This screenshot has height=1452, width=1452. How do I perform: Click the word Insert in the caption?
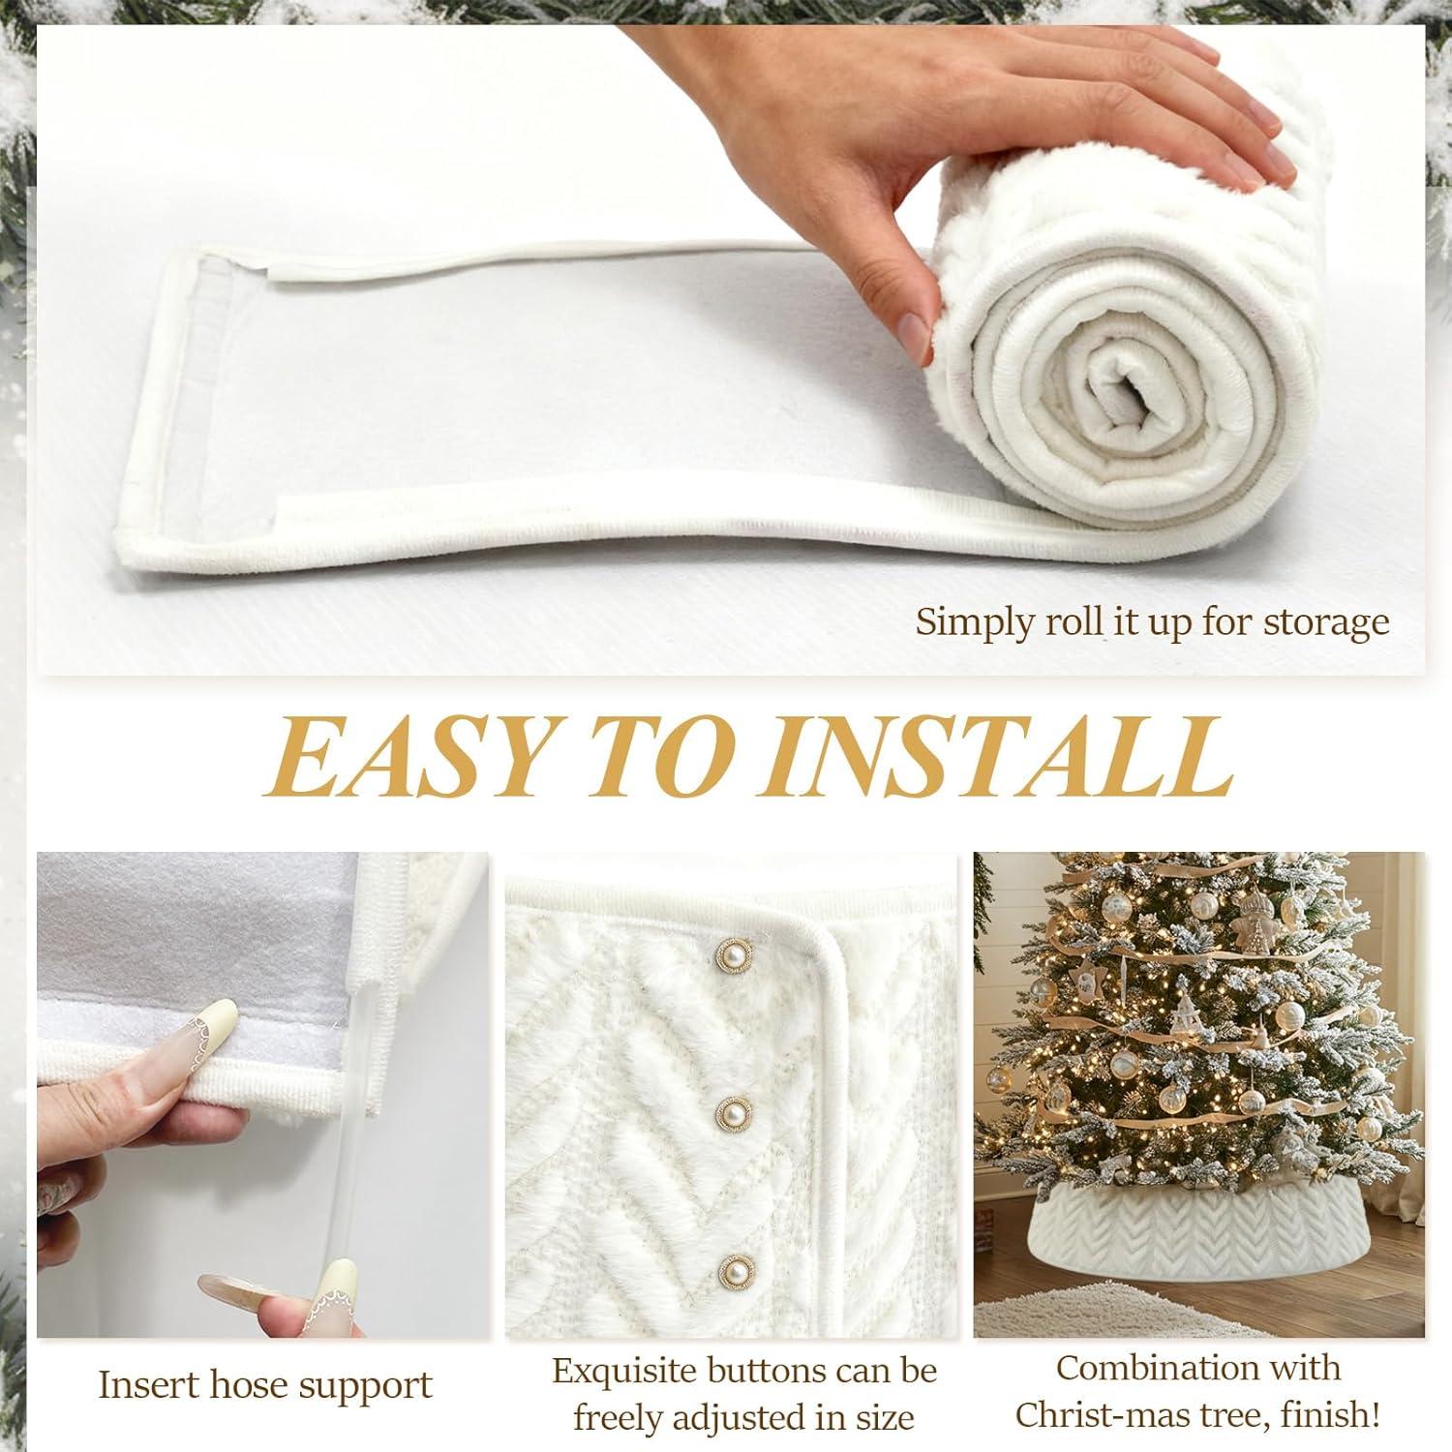click(x=149, y=1385)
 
